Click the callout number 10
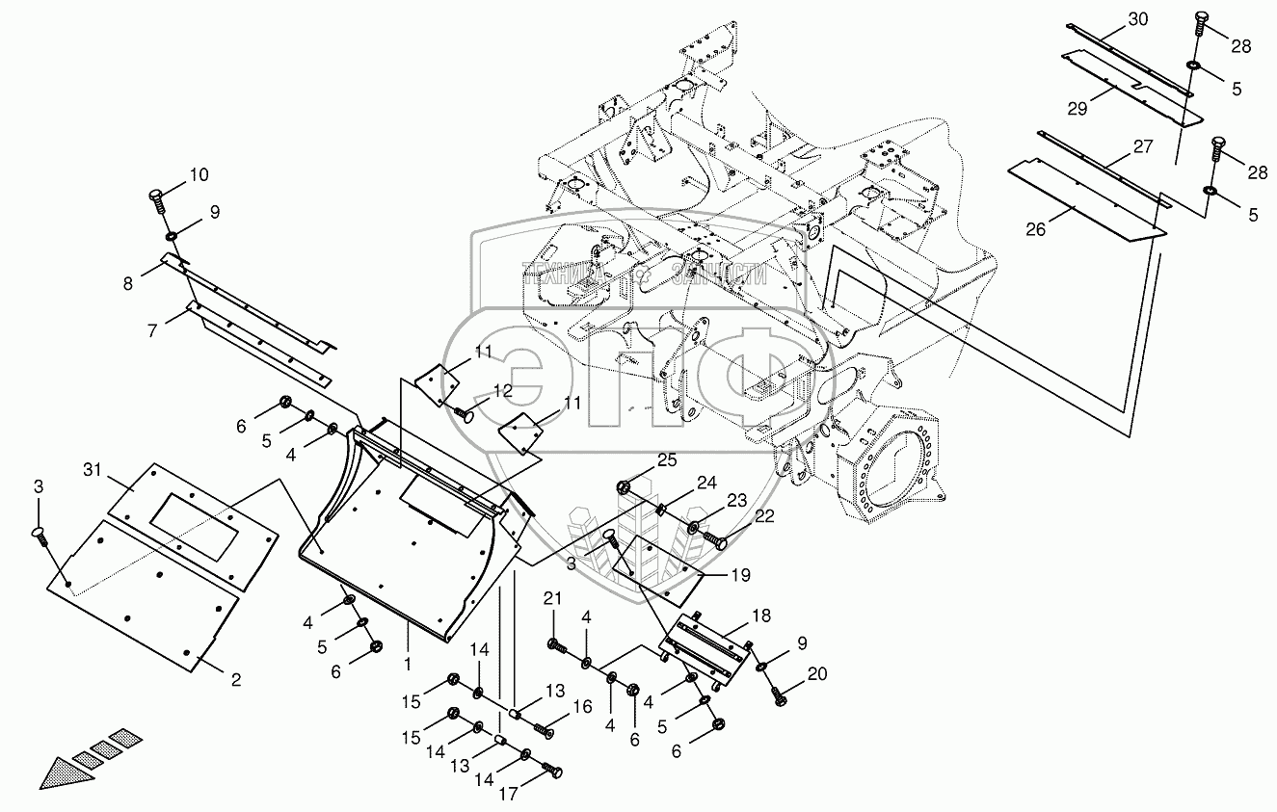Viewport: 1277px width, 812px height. pos(198,175)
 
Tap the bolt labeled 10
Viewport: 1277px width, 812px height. pos(157,200)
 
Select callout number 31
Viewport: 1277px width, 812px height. pos(92,469)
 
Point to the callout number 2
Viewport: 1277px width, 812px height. pos(234,679)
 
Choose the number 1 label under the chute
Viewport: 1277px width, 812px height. pos(408,664)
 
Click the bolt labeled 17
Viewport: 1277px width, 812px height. pos(552,771)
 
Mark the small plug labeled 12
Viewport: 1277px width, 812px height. pos(466,415)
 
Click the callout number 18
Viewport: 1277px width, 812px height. pos(760,615)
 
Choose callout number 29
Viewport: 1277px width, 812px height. pos(1077,109)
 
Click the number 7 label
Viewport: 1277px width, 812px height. pos(151,330)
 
